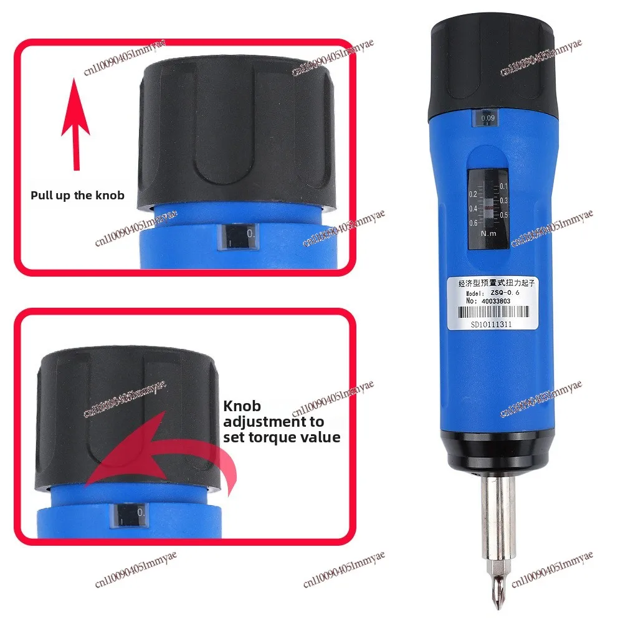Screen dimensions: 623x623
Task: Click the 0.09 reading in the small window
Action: coord(488,117)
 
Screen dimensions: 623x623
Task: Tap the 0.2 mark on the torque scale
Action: coord(473,194)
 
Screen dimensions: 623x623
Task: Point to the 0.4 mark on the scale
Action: coord(473,208)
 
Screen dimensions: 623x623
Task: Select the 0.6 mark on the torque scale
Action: coord(473,222)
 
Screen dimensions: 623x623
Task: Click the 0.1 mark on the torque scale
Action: coord(504,186)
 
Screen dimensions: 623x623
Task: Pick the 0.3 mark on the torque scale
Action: coord(504,201)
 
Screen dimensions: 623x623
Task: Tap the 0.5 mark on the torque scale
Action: coord(504,215)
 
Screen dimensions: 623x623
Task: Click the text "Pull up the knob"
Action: coord(78,195)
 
